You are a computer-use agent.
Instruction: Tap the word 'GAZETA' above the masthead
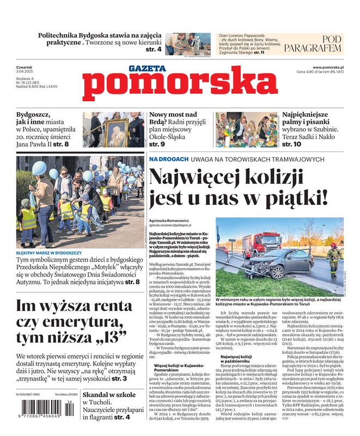147,69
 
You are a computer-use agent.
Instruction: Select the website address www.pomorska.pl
332,66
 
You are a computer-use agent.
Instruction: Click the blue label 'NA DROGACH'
169,159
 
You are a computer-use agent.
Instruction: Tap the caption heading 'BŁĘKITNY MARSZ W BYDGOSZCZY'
49,253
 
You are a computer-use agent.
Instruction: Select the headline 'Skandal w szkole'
109,393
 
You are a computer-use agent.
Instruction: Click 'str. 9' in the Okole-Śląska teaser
157,144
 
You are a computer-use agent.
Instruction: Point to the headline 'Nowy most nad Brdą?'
172,119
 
